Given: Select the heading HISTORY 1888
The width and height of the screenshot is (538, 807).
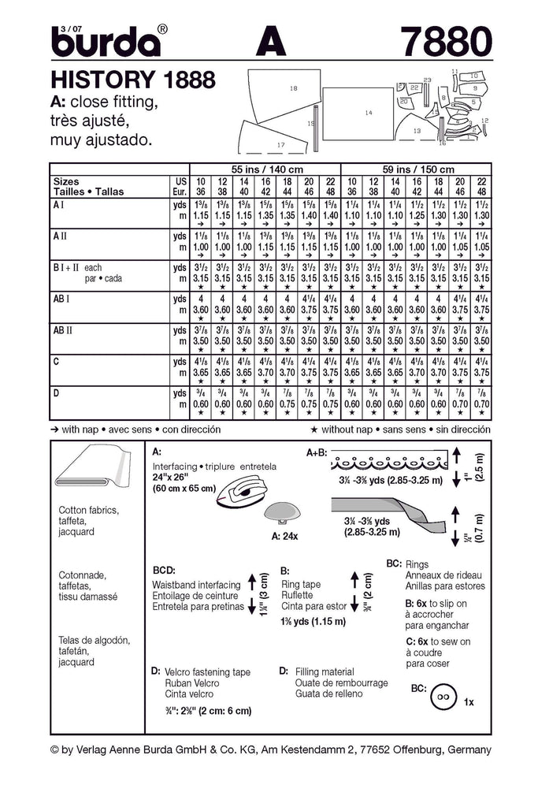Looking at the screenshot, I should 133,80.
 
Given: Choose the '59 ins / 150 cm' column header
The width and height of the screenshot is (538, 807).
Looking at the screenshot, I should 416,169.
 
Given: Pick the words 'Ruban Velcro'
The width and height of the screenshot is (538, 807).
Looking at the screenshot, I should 192,682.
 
